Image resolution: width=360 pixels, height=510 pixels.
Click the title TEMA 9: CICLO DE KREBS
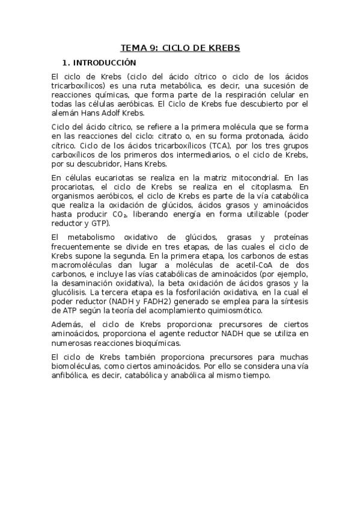coord(180,48)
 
